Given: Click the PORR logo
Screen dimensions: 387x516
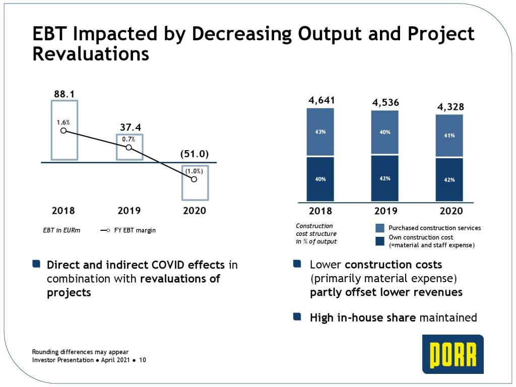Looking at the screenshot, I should click(x=453, y=354).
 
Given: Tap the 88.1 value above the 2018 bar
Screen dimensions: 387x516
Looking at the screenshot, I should click(x=64, y=94).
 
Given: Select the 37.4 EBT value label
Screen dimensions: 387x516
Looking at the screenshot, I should click(x=130, y=127).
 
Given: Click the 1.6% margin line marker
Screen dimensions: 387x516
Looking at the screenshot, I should click(x=63, y=131).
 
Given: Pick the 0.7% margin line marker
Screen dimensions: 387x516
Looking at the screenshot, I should click(x=128, y=147).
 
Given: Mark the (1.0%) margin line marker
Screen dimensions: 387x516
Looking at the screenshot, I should click(x=193, y=179).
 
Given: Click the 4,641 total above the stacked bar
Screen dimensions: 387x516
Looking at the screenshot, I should click(x=321, y=100).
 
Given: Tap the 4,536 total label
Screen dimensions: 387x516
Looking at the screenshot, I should click(x=385, y=103).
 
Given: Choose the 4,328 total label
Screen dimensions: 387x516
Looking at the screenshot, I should click(x=450, y=107).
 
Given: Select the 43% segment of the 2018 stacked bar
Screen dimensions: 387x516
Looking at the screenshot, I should click(x=320, y=132).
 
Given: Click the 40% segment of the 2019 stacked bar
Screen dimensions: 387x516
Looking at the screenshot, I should click(x=385, y=133).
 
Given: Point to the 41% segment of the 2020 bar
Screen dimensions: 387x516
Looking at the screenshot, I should click(x=449, y=136).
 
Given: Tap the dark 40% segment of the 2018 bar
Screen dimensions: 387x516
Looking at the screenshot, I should click(x=320, y=179).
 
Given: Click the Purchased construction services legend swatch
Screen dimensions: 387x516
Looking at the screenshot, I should click(x=380, y=228).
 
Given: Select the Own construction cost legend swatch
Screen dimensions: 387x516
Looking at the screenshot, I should click(x=380, y=240).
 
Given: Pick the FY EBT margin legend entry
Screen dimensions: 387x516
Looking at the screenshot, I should click(x=128, y=230).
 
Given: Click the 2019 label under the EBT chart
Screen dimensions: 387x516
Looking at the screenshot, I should click(x=129, y=211).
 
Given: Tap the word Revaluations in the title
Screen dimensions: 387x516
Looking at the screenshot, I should click(x=91, y=54).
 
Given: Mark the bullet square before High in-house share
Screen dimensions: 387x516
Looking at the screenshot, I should click(x=297, y=317).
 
